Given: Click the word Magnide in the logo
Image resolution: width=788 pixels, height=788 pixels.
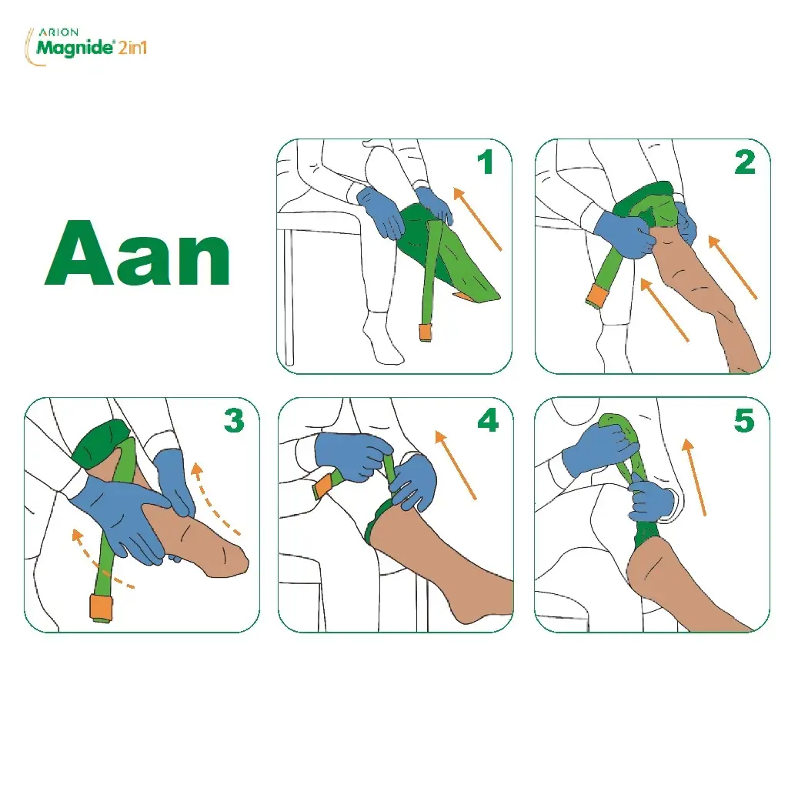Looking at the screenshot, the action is click(x=75, y=48).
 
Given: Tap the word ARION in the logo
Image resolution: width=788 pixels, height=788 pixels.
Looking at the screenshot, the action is click(x=58, y=32).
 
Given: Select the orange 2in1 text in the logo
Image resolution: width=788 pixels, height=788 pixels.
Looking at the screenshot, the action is click(x=132, y=48).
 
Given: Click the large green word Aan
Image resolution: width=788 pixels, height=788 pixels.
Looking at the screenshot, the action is click(x=138, y=253).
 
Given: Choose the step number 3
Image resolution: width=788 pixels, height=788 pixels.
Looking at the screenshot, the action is click(x=234, y=420).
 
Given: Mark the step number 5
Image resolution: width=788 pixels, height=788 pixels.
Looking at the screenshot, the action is click(x=744, y=420).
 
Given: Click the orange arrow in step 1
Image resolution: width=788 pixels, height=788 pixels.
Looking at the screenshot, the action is click(x=477, y=219).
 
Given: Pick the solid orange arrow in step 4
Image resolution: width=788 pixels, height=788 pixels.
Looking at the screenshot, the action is click(x=456, y=465).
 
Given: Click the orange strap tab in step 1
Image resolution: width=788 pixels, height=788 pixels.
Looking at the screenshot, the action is click(x=425, y=332).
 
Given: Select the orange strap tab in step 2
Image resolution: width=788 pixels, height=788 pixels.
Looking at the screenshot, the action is click(x=598, y=295).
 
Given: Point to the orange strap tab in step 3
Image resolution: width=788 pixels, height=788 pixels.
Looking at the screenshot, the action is click(x=101, y=607).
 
